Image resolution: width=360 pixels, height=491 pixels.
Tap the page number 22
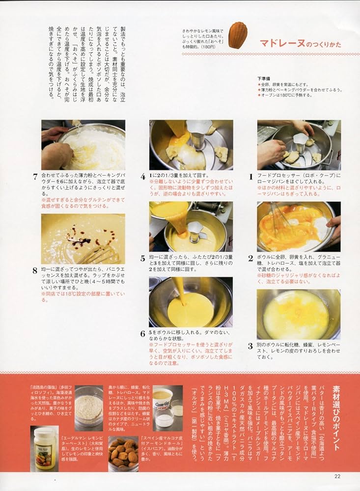337,476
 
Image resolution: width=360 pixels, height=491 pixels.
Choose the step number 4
143,176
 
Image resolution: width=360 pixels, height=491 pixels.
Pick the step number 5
143,258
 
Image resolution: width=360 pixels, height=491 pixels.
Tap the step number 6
143,333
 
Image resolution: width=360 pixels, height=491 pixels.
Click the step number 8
35,270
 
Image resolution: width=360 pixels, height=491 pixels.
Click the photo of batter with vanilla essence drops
83,239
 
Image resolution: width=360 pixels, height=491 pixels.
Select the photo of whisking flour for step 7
83,145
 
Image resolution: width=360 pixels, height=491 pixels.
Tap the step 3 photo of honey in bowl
298,314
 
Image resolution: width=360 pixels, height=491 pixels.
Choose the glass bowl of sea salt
89,408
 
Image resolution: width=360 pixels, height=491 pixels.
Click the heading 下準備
265,78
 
